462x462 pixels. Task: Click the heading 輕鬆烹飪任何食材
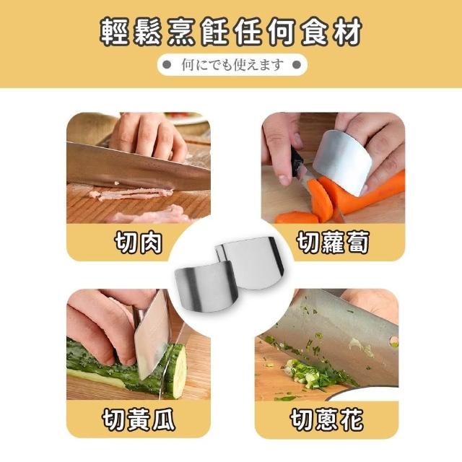coord(231,32)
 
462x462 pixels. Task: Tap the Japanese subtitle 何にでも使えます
coord(232,65)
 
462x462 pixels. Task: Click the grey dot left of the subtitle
coord(167,64)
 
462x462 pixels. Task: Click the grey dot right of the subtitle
coord(297,64)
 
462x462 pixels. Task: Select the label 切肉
coord(138,243)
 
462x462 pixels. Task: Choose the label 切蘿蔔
coord(333,243)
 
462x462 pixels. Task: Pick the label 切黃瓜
coord(139,419)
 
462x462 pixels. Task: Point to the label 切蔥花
coord(326,419)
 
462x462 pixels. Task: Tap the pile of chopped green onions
coord(313,374)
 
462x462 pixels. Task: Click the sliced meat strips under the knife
coord(133,193)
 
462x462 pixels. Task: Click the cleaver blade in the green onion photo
coord(333,339)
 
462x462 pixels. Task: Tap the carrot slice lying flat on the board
coord(297,217)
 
